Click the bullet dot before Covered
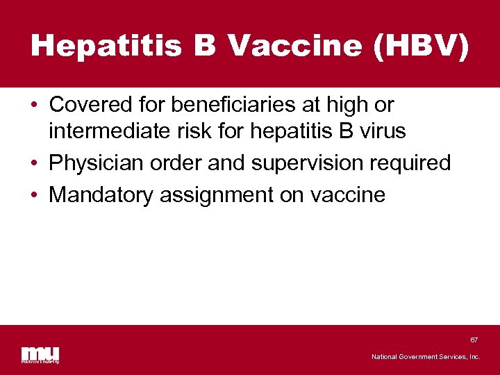point(34,106)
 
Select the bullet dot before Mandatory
point(34,195)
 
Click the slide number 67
point(474,340)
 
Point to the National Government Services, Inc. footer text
point(426,357)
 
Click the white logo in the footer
point(40,354)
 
